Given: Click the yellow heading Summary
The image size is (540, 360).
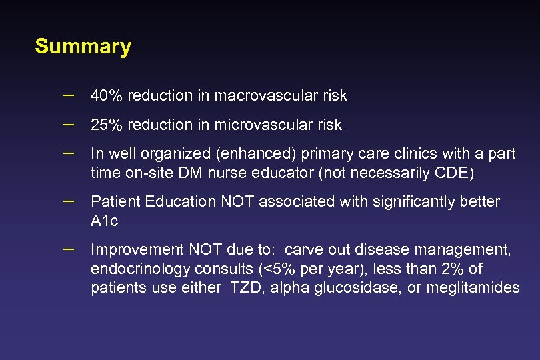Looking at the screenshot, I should click(83, 47).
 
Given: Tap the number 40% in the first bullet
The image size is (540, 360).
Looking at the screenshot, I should click(107, 96).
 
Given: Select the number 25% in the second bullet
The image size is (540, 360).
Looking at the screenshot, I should click(107, 125).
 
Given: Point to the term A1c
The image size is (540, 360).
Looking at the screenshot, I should click(104, 221).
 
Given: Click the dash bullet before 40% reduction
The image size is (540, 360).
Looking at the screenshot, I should click(68, 95).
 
